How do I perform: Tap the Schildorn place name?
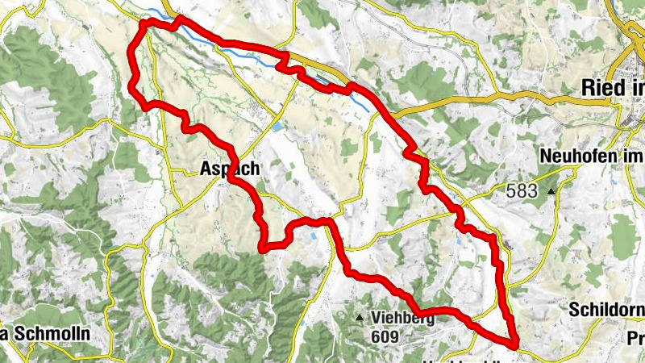[606, 310]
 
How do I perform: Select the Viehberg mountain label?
[404, 317]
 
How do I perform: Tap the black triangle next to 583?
[551, 191]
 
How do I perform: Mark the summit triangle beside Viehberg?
[360, 318]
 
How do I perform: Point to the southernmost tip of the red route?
[514, 348]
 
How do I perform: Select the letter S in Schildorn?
[573, 310]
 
